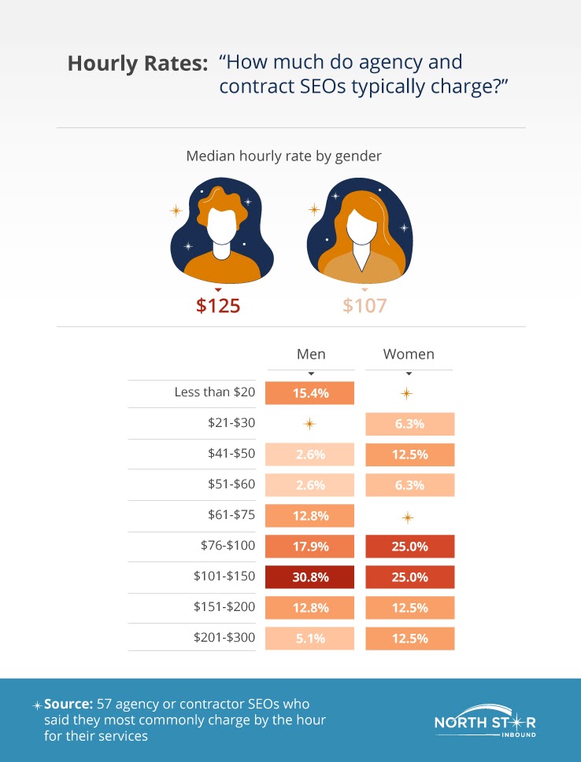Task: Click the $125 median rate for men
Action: [217, 305]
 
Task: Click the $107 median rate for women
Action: [365, 305]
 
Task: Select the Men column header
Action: [311, 354]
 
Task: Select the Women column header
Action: [409, 354]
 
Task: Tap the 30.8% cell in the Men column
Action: [310, 576]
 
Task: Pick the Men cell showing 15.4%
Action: [310, 392]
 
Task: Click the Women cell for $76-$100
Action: [409, 546]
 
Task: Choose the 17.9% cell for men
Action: [310, 546]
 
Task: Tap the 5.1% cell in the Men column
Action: [310, 638]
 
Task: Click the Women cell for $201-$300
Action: [409, 638]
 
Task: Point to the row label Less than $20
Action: [214, 392]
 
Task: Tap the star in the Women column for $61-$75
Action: [407, 517]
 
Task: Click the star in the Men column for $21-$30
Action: [309, 424]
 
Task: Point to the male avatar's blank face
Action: [222, 226]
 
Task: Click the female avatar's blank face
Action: [363, 227]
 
